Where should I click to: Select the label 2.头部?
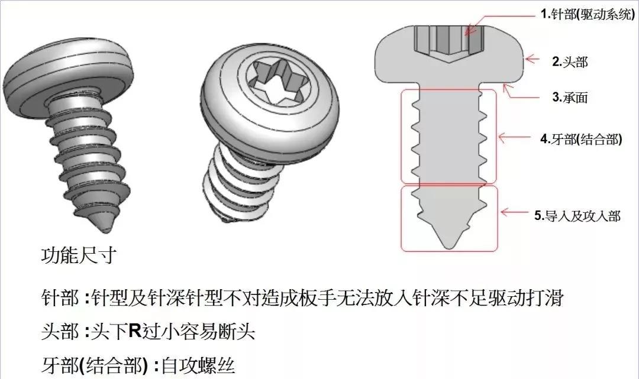570,61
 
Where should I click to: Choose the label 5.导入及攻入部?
577,216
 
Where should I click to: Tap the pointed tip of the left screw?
105,225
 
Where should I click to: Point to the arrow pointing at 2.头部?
535,59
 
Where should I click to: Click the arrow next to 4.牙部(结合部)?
518,138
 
